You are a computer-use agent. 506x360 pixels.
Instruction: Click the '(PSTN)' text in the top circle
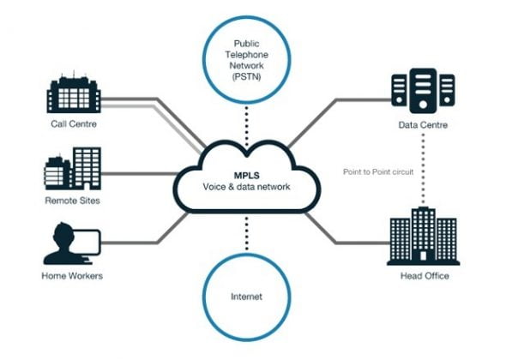click(x=247, y=77)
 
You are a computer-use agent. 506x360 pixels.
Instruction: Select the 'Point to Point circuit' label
click(x=378, y=171)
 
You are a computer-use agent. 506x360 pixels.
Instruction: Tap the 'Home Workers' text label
click(x=72, y=276)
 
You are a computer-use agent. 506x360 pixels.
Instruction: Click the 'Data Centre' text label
click(x=421, y=125)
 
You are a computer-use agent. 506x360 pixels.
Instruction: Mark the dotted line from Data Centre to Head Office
click(x=421, y=189)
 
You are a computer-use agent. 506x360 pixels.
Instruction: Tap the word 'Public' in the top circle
click(x=247, y=43)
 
